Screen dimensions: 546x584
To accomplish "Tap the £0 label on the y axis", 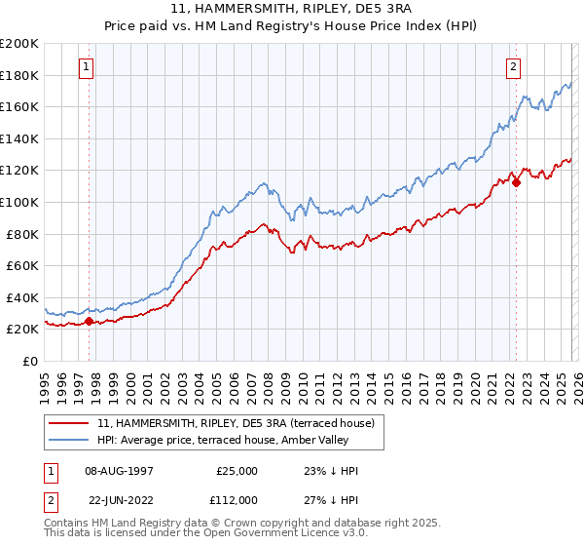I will [29, 361].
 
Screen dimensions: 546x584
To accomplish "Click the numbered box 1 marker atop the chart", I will [88, 67].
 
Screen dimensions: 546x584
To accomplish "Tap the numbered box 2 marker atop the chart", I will [513, 67].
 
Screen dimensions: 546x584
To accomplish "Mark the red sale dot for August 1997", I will [89, 321].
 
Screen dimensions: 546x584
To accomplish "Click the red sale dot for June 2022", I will [516, 182].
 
